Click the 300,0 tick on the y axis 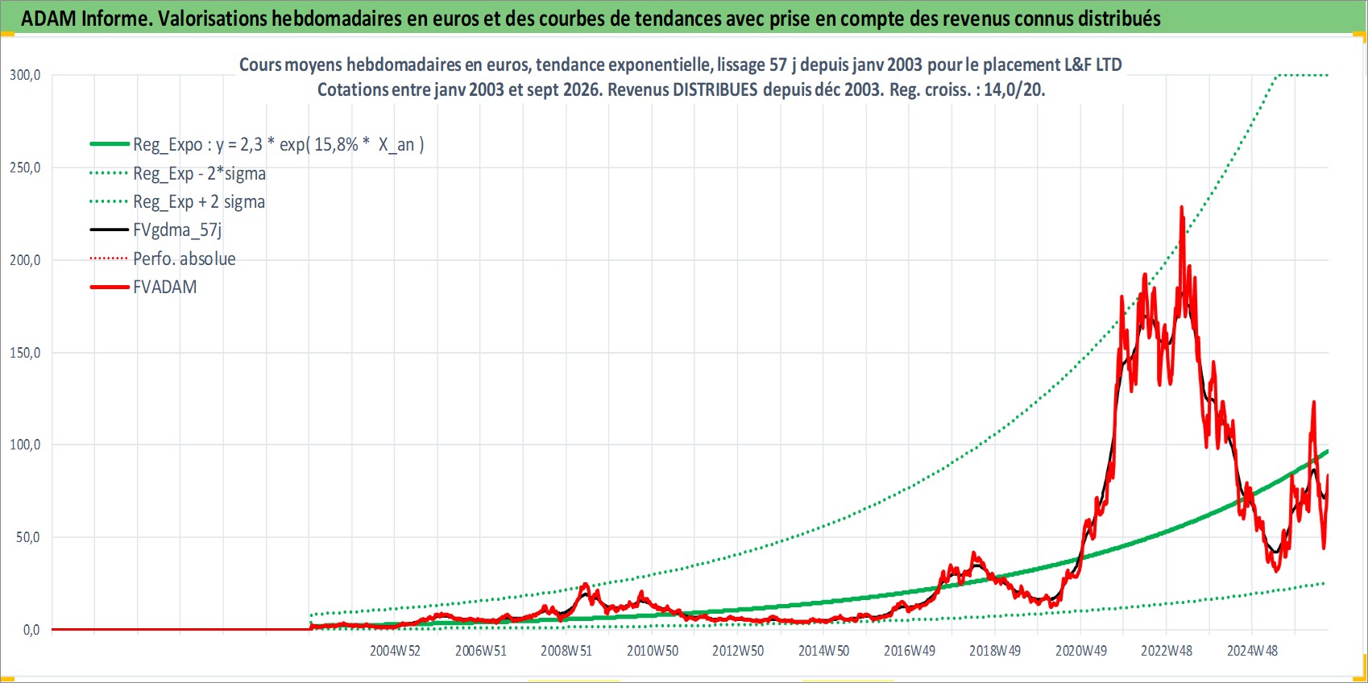pyautogui.click(x=25, y=75)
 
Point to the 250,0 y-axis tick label pyautogui.click(x=25, y=168)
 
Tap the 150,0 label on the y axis pyautogui.click(x=25, y=353)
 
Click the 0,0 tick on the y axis pyautogui.click(x=31, y=630)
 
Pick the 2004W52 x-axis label pyautogui.click(x=395, y=651)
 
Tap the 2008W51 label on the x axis pyautogui.click(x=566, y=651)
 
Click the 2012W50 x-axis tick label pyautogui.click(x=738, y=651)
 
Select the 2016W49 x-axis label pyautogui.click(x=910, y=651)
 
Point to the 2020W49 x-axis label pyautogui.click(x=1081, y=651)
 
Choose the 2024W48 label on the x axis pyautogui.click(x=1253, y=651)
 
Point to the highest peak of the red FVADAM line pyautogui.click(x=1181, y=207)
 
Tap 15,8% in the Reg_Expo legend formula pyautogui.click(x=336, y=145)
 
